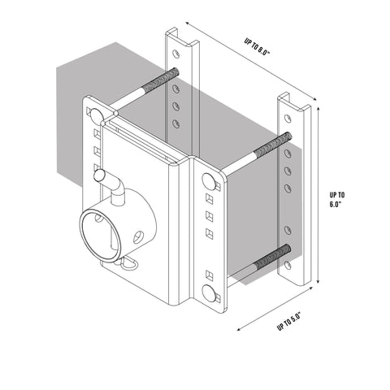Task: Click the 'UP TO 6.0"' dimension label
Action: [x=338, y=200]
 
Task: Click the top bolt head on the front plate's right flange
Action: [x=209, y=180]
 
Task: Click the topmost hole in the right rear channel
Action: [x=286, y=119]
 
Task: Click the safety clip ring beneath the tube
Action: [x=128, y=263]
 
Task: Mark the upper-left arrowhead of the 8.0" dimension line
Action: [x=185, y=23]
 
